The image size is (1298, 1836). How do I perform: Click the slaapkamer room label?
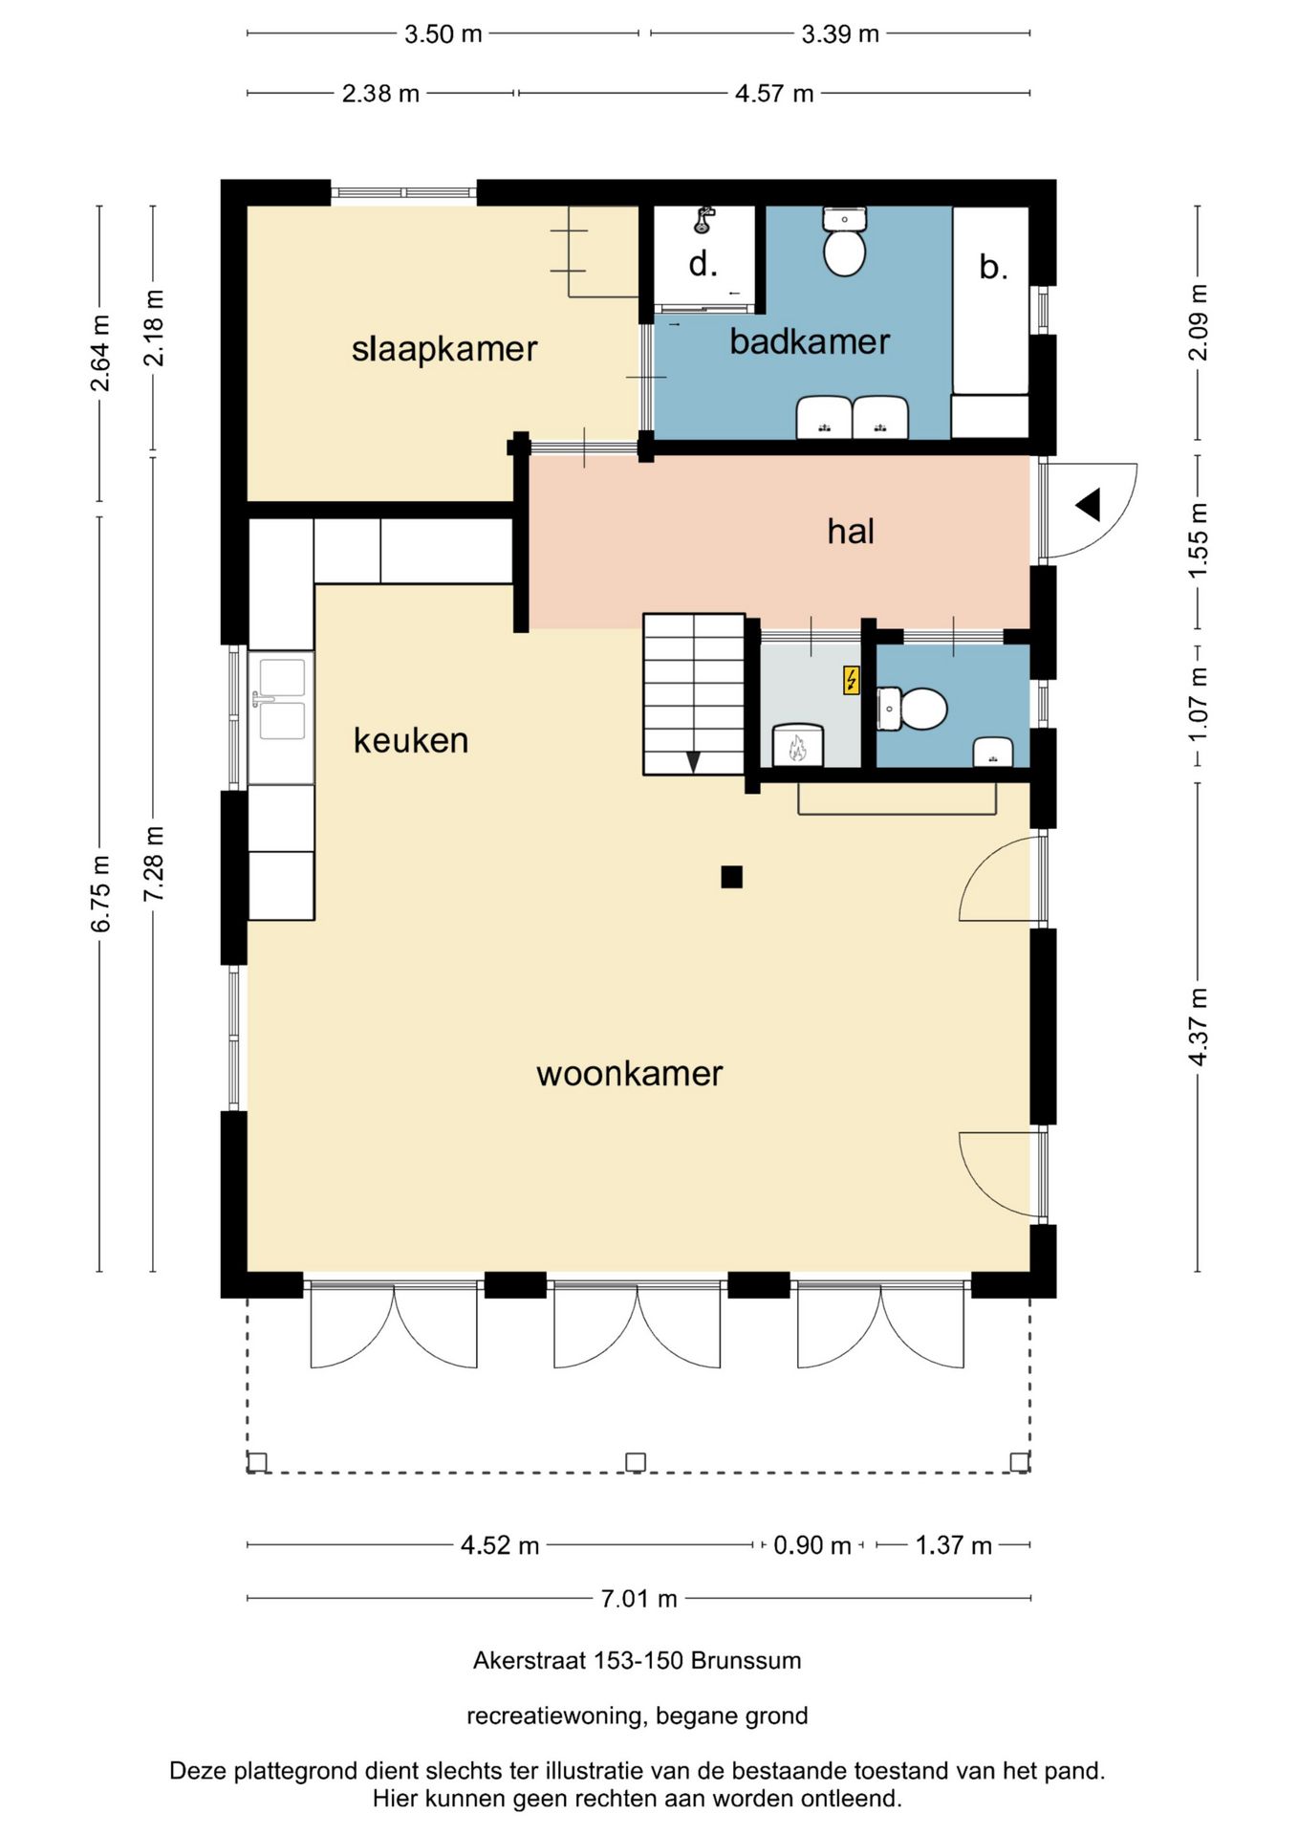click(444, 349)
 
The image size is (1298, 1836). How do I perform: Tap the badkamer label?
click(810, 341)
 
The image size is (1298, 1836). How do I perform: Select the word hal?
click(851, 531)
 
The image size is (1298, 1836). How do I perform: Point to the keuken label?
click(411, 740)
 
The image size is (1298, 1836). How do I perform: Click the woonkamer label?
click(629, 1073)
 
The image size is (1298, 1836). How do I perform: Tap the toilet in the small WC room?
click(912, 709)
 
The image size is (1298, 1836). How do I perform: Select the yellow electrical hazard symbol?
click(851, 680)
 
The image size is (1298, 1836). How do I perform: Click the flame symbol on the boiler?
click(797, 749)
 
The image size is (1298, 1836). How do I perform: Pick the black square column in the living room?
click(732, 877)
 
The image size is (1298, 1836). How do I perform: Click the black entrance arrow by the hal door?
click(1089, 505)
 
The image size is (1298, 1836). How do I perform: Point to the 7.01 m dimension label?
click(638, 1598)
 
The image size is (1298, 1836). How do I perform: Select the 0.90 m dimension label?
click(812, 1545)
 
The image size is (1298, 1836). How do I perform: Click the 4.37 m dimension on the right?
click(1198, 1026)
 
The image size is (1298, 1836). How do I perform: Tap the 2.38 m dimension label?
click(380, 94)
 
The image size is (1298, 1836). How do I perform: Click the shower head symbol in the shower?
click(704, 220)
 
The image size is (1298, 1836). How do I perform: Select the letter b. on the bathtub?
click(994, 267)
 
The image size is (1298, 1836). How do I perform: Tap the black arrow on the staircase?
click(693, 762)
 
